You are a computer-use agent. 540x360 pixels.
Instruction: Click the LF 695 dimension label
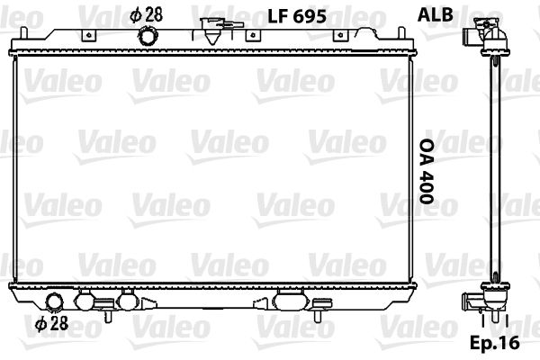297,16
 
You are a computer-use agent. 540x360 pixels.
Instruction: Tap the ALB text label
436,14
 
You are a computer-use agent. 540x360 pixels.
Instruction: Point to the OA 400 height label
427,171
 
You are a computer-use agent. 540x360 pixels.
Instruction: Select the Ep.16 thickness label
494,342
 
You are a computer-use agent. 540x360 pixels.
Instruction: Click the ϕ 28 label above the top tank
147,15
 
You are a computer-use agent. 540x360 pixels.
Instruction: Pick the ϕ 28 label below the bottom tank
51,323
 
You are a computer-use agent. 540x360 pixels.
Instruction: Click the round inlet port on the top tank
148,37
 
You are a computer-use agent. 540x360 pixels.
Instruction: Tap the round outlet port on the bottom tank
55,301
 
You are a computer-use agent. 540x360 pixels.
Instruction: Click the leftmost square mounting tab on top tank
88,35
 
